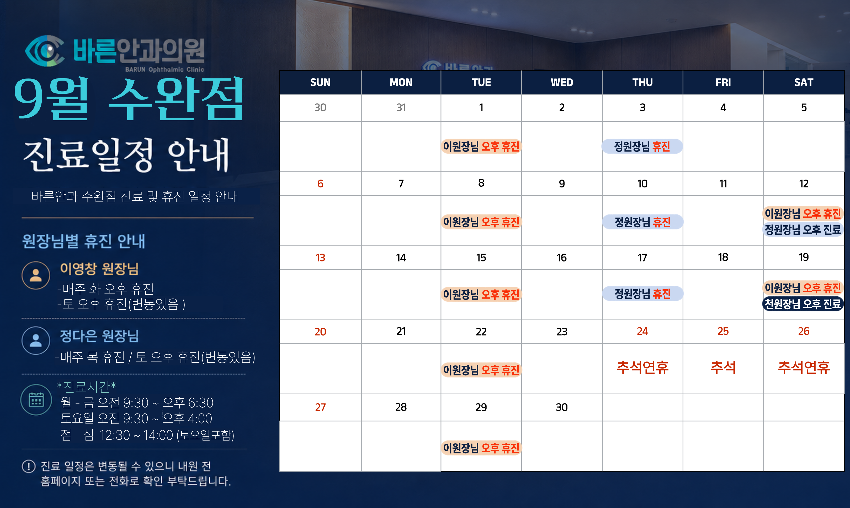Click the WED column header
pyautogui.click(x=562, y=82)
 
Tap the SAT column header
pyautogui.click(x=804, y=82)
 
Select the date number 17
pyautogui.click(x=642, y=258)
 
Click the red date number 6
pyautogui.click(x=320, y=184)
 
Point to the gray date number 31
pyautogui.click(x=401, y=107)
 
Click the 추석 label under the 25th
pyautogui.click(x=723, y=367)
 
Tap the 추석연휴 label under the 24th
pyautogui.click(x=642, y=367)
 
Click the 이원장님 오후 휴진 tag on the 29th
pyautogui.click(x=481, y=448)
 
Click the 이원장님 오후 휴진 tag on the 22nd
pyautogui.click(x=481, y=370)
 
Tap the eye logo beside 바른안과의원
pyautogui.click(x=44, y=51)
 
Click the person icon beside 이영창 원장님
pyautogui.click(x=36, y=275)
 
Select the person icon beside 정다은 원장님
pyautogui.click(x=36, y=340)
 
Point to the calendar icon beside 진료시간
pyautogui.click(x=36, y=400)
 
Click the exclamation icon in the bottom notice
pyautogui.click(x=29, y=466)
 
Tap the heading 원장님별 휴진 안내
pyautogui.click(x=84, y=241)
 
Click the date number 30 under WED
pyautogui.click(x=562, y=407)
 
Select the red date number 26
pyautogui.click(x=804, y=331)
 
